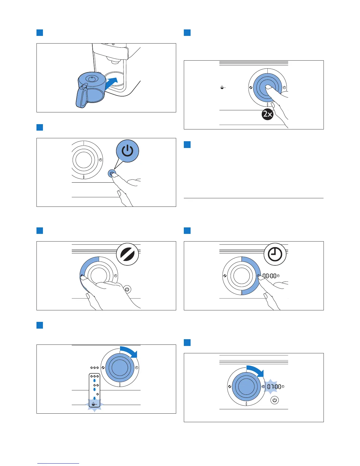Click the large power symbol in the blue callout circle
pos(127,151)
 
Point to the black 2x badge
pos(268,114)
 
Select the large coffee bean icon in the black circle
pos(127,254)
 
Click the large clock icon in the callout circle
pos(275,254)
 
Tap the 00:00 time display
pos(269,276)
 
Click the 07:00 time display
pos(274,387)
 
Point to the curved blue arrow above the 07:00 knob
pos(255,371)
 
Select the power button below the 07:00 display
pos(274,400)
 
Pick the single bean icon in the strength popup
pos(97,394)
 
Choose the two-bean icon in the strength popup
pos(96,385)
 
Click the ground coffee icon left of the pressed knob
pos(223,87)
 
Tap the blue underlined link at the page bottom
pos(58,463)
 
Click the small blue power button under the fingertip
pos(111,174)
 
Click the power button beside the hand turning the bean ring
pos(127,289)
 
